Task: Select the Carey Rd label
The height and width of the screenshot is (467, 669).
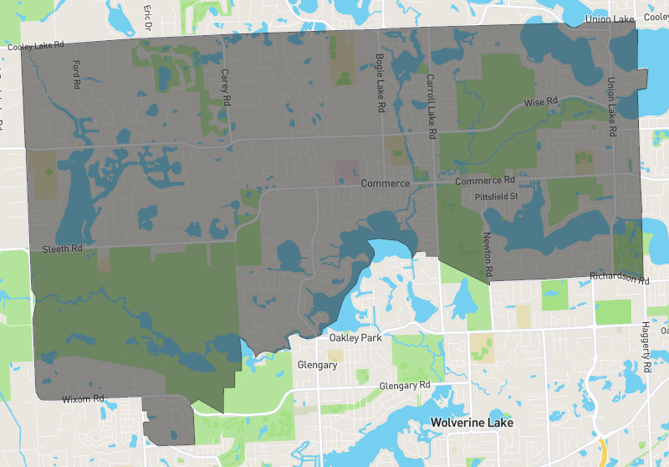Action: click(x=225, y=87)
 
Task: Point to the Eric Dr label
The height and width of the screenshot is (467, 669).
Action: click(x=147, y=13)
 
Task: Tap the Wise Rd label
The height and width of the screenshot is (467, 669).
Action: click(x=540, y=102)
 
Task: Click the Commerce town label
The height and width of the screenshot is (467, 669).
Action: click(x=386, y=182)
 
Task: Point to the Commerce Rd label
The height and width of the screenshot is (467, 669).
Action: click(x=485, y=181)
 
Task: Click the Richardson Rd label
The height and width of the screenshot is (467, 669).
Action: click(x=619, y=277)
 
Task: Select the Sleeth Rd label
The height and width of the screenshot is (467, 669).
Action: click(x=63, y=249)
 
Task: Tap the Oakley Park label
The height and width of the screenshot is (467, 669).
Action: click(x=355, y=338)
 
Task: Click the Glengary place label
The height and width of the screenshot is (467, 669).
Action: click(x=318, y=365)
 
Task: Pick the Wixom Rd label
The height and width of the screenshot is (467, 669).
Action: click(x=83, y=399)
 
